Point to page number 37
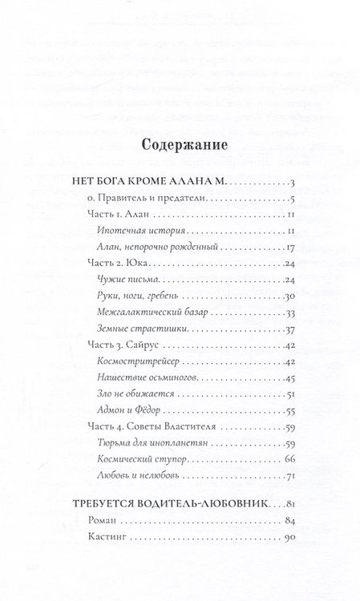(291, 329)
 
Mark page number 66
(291, 457)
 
